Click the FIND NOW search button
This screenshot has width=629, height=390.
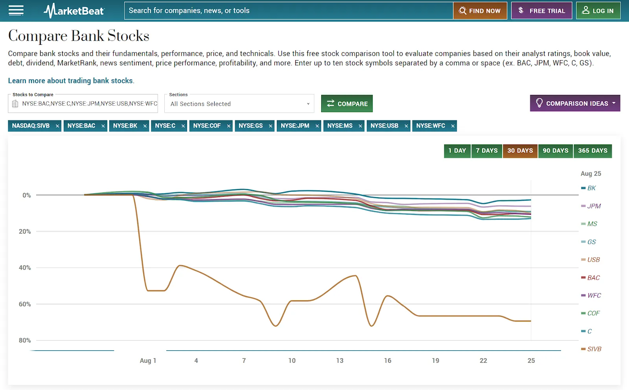[480, 11]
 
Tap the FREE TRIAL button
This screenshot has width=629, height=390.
[541, 11]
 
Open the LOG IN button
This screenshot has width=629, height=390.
[598, 11]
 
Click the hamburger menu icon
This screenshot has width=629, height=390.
[16, 11]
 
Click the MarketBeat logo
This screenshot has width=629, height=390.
[74, 11]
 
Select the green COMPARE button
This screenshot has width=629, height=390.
[347, 104]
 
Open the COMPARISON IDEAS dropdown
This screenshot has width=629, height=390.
[575, 103]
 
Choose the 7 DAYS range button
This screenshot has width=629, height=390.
[487, 151]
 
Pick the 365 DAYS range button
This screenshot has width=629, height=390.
[593, 151]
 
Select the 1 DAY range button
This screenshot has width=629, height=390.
[457, 151]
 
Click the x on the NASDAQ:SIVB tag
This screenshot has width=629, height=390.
[57, 126]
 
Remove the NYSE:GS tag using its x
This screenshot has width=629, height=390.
[270, 126]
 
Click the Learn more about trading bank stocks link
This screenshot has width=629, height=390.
[71, 81]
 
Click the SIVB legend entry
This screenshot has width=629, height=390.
[591, 349]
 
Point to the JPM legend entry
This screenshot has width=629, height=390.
[591, 206]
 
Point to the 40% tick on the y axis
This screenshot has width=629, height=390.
[25, 268]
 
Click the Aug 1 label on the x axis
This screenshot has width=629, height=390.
[148, 360]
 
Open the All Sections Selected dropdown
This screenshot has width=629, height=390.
[239, 104]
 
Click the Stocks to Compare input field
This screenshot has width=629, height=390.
[83, 104]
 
